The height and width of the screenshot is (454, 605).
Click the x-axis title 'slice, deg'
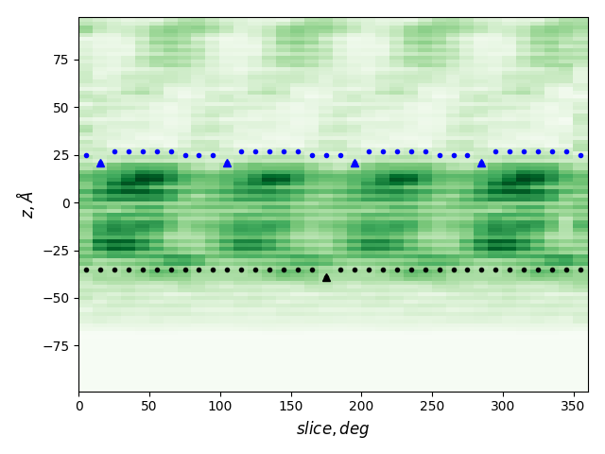click(333, 429)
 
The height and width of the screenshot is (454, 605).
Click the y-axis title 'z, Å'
click(26, 204)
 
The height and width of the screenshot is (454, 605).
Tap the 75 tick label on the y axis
click(60, 60)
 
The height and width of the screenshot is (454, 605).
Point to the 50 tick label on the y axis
click(60, 108)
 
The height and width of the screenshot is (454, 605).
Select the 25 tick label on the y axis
click(60, 155)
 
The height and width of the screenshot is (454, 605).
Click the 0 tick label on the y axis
click(65, 202)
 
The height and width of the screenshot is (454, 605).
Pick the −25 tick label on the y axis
click(57, 251)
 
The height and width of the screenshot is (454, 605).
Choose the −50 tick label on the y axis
click(57, 298)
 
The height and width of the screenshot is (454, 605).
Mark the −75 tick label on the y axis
click(57, 345)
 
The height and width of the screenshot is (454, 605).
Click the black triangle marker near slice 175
click(326, 277)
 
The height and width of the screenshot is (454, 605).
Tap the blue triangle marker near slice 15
click(100, 163)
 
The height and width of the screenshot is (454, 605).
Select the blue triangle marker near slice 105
click(227, 163)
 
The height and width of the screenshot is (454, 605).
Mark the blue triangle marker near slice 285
click(481, 163)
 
